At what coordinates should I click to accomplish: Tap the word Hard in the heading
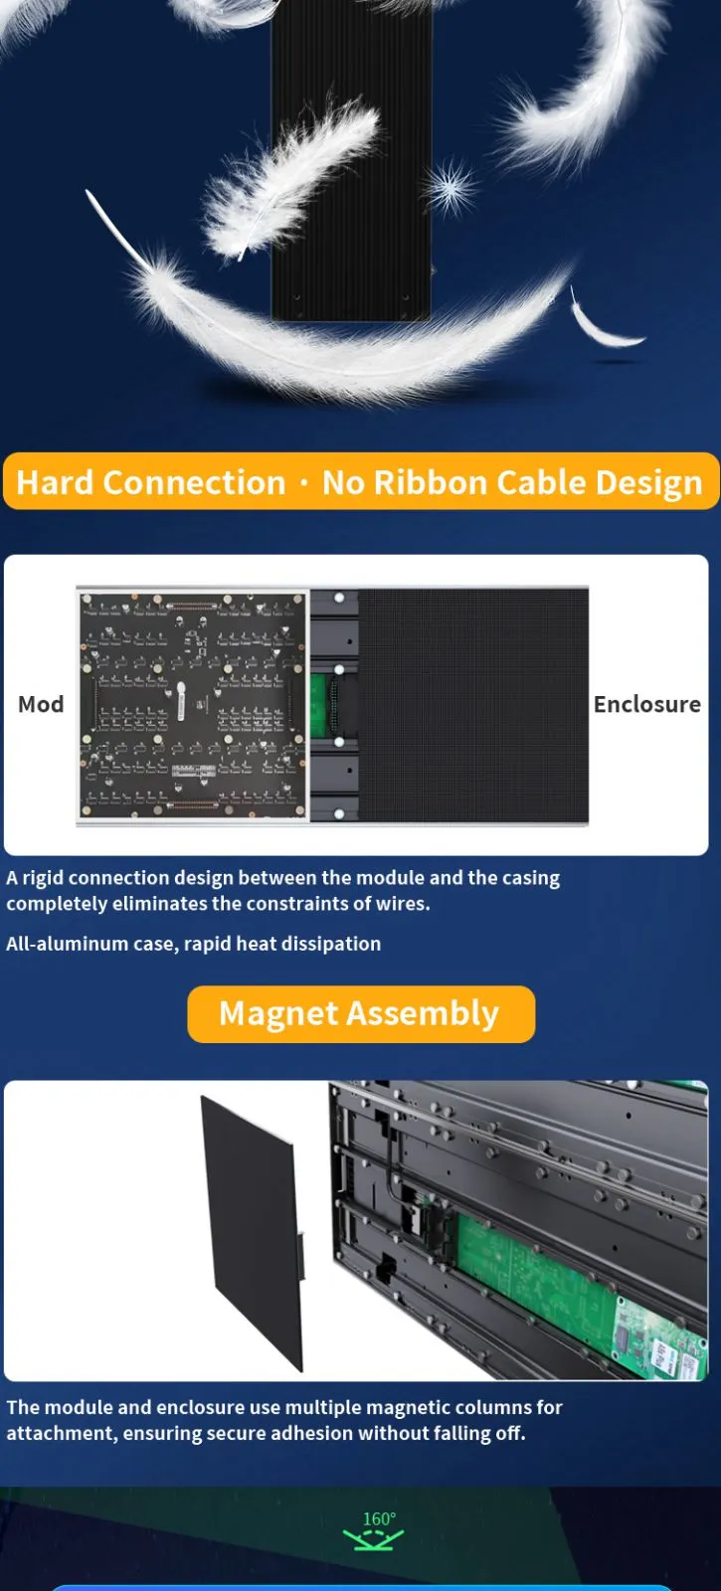55,482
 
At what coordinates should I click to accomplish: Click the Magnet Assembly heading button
361,1013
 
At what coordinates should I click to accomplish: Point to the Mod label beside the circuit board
41,704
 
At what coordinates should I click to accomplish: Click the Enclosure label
647,704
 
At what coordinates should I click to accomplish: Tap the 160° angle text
379,1518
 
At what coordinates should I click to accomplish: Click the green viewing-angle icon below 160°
373,1539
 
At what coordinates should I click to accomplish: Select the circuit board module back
193,705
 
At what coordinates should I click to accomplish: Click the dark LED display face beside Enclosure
473,705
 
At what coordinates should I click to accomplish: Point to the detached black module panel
253,1233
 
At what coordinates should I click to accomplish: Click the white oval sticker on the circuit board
181,701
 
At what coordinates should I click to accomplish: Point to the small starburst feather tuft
451,187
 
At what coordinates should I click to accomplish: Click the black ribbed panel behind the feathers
352,160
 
